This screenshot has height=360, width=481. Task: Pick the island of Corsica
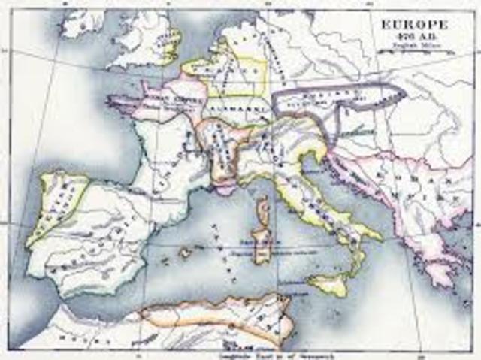[263, 209]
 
